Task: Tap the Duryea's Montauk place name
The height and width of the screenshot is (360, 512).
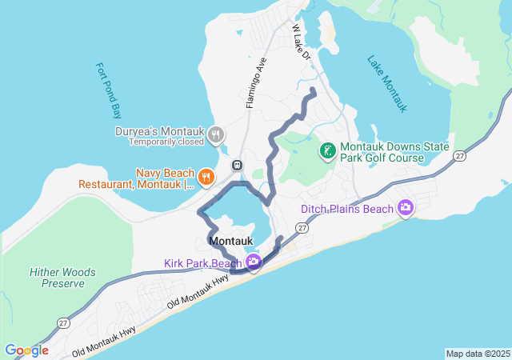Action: pyautogui.click(x=160, y=131)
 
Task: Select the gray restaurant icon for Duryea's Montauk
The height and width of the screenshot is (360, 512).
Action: pyautogui.click(x=215, y=136)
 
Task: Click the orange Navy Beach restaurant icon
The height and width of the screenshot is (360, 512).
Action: pyautogui.click(x=206, y=177)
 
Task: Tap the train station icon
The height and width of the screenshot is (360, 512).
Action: pyautogui.click(x=237, y=165)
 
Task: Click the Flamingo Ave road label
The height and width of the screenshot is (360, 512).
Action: pyautogui.click(x=255, y=82)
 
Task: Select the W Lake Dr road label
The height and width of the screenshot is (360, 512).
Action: pyautogui.click(x=301, y=41)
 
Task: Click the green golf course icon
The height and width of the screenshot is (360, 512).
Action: pyautogui.click(x=328, y=150)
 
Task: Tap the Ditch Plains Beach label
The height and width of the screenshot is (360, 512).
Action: pyautogui.click(x=347, y=210)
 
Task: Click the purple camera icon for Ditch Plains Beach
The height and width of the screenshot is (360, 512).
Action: pyautogui.click(x=406, y=208)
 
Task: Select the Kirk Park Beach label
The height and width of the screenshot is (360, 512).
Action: pyautogui.click(x=203, y=263)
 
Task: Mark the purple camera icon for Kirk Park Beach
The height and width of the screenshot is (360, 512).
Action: pyautogui.click(x=253, y=262)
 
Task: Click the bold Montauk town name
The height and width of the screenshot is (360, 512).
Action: pyautogui.click(x=231, y=241)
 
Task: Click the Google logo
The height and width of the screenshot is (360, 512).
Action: pyautogui.click(x=26, y=350)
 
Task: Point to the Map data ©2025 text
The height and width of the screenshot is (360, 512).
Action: pyautogui.click(x=477, y=354)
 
